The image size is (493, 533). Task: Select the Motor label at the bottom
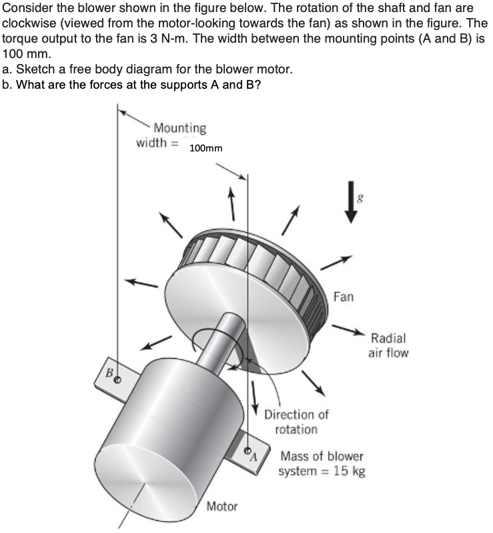[x=222, y=506]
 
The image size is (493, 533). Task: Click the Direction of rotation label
[x=296, y=422]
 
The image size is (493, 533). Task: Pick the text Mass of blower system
[x=322, y=464]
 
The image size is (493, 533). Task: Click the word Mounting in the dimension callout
[x=179, y=127]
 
